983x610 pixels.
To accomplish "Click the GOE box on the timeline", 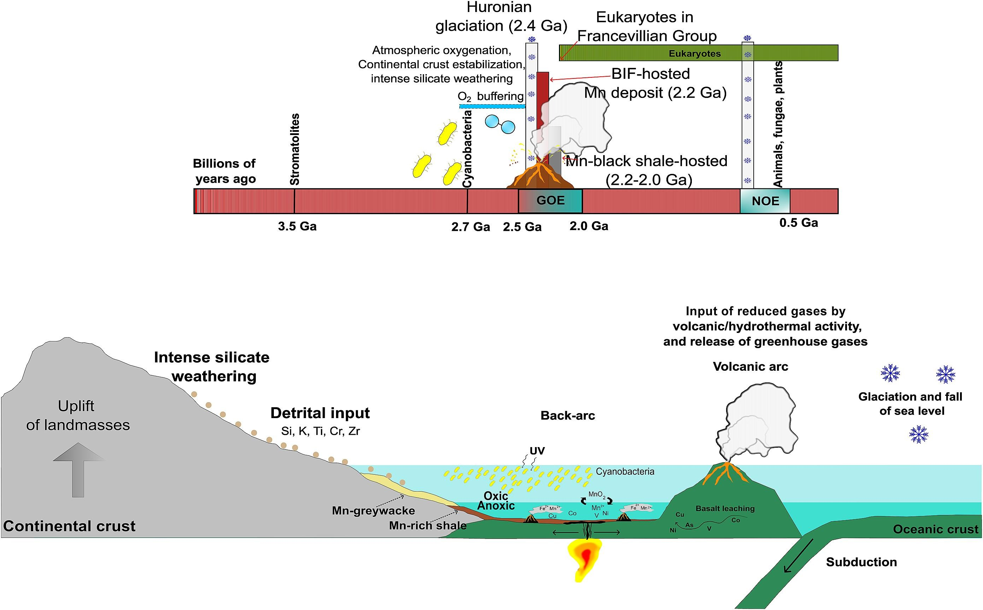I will [x=550, y=200].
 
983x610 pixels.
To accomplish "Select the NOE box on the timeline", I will [x=765, y=201].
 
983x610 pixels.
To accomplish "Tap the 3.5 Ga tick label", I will [x=297, y=226].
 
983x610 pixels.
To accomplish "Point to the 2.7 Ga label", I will [x=470, y=227].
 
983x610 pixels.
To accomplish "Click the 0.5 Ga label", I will [x=798, y=223].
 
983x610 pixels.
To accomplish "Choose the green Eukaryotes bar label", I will [x=694, y=53].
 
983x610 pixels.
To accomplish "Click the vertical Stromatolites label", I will [x=295, y=149].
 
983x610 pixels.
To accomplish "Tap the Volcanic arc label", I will [x=750, y=366].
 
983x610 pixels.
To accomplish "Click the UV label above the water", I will [x=537, y=451].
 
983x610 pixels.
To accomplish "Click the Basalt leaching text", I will [x=725, y=508].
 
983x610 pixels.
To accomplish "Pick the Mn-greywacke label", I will [x=373, y=511].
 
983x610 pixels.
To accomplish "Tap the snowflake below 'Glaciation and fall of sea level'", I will [x=918, y=434].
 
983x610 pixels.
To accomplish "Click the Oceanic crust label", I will [x=935, y=529].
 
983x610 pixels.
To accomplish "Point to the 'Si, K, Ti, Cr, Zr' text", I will [x=320, y=431].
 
